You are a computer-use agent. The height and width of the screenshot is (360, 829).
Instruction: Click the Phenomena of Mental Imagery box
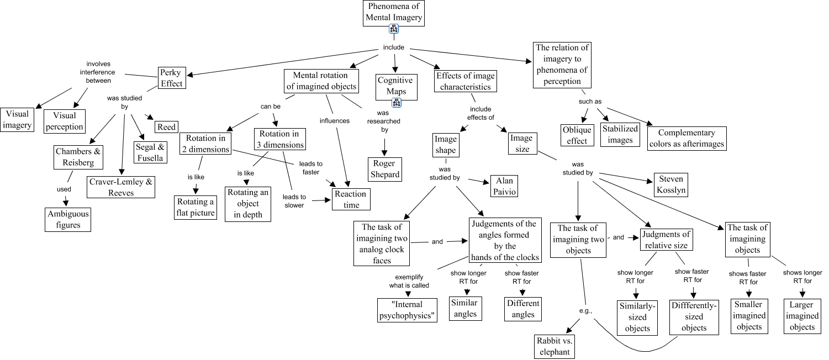[x=394, y=13]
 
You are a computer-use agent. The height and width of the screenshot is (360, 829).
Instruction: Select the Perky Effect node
[x=171, y=78]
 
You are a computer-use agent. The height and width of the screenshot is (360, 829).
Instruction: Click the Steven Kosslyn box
[x=670, y=185]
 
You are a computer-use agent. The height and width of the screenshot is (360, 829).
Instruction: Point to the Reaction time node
[x=351, y=199]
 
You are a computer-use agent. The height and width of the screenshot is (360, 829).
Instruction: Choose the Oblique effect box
[x=577, y=135]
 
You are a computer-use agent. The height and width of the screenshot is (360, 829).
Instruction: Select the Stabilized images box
[x=620, y=134]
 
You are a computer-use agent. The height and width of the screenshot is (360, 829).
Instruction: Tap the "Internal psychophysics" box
[x=407, y=310]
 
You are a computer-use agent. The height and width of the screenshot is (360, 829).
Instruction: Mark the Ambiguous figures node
[x=67, y=219]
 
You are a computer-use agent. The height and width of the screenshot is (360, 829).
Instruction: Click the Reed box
[x=166, y=127]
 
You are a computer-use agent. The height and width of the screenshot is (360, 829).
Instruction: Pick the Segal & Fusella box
[x=149, y=152]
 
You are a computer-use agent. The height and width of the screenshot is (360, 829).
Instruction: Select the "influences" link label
[x=335, y=120]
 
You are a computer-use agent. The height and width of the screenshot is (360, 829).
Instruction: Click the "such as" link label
[x=590, y=101]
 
